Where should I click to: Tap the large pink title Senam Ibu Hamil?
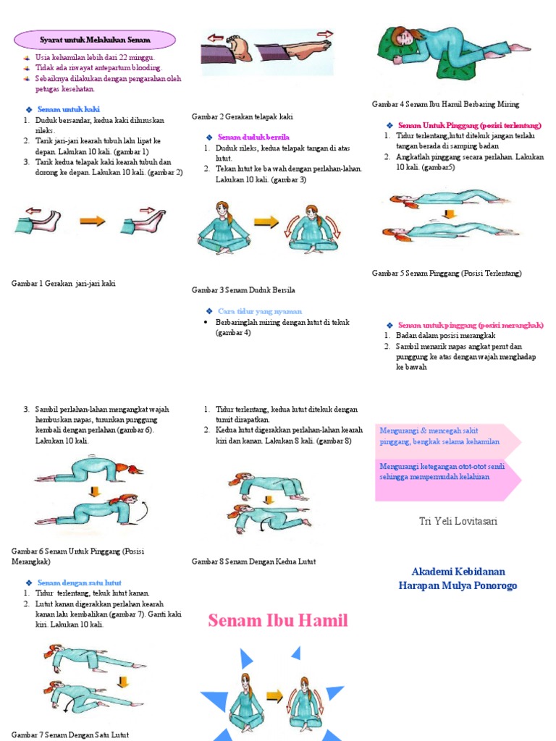[x=278, y=620]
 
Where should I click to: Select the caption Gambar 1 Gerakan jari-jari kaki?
[x=64, y=284]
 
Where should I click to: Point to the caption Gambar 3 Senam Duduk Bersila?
[x=243, y=290]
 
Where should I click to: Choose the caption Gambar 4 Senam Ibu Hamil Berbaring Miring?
[x=445, y=104]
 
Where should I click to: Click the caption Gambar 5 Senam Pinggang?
[x=447, y=274]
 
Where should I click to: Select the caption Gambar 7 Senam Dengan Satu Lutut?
[x=70, y=734]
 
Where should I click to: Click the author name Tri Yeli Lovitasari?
[x=458, y=522]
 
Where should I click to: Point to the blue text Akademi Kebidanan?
[x=458, y=572]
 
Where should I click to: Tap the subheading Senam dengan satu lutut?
[x=79, y=583]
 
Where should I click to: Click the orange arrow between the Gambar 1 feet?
[x=92, y=221]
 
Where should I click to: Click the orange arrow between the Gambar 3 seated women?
[x=266, y=223]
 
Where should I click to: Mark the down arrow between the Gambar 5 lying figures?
[x=448, y=214]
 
